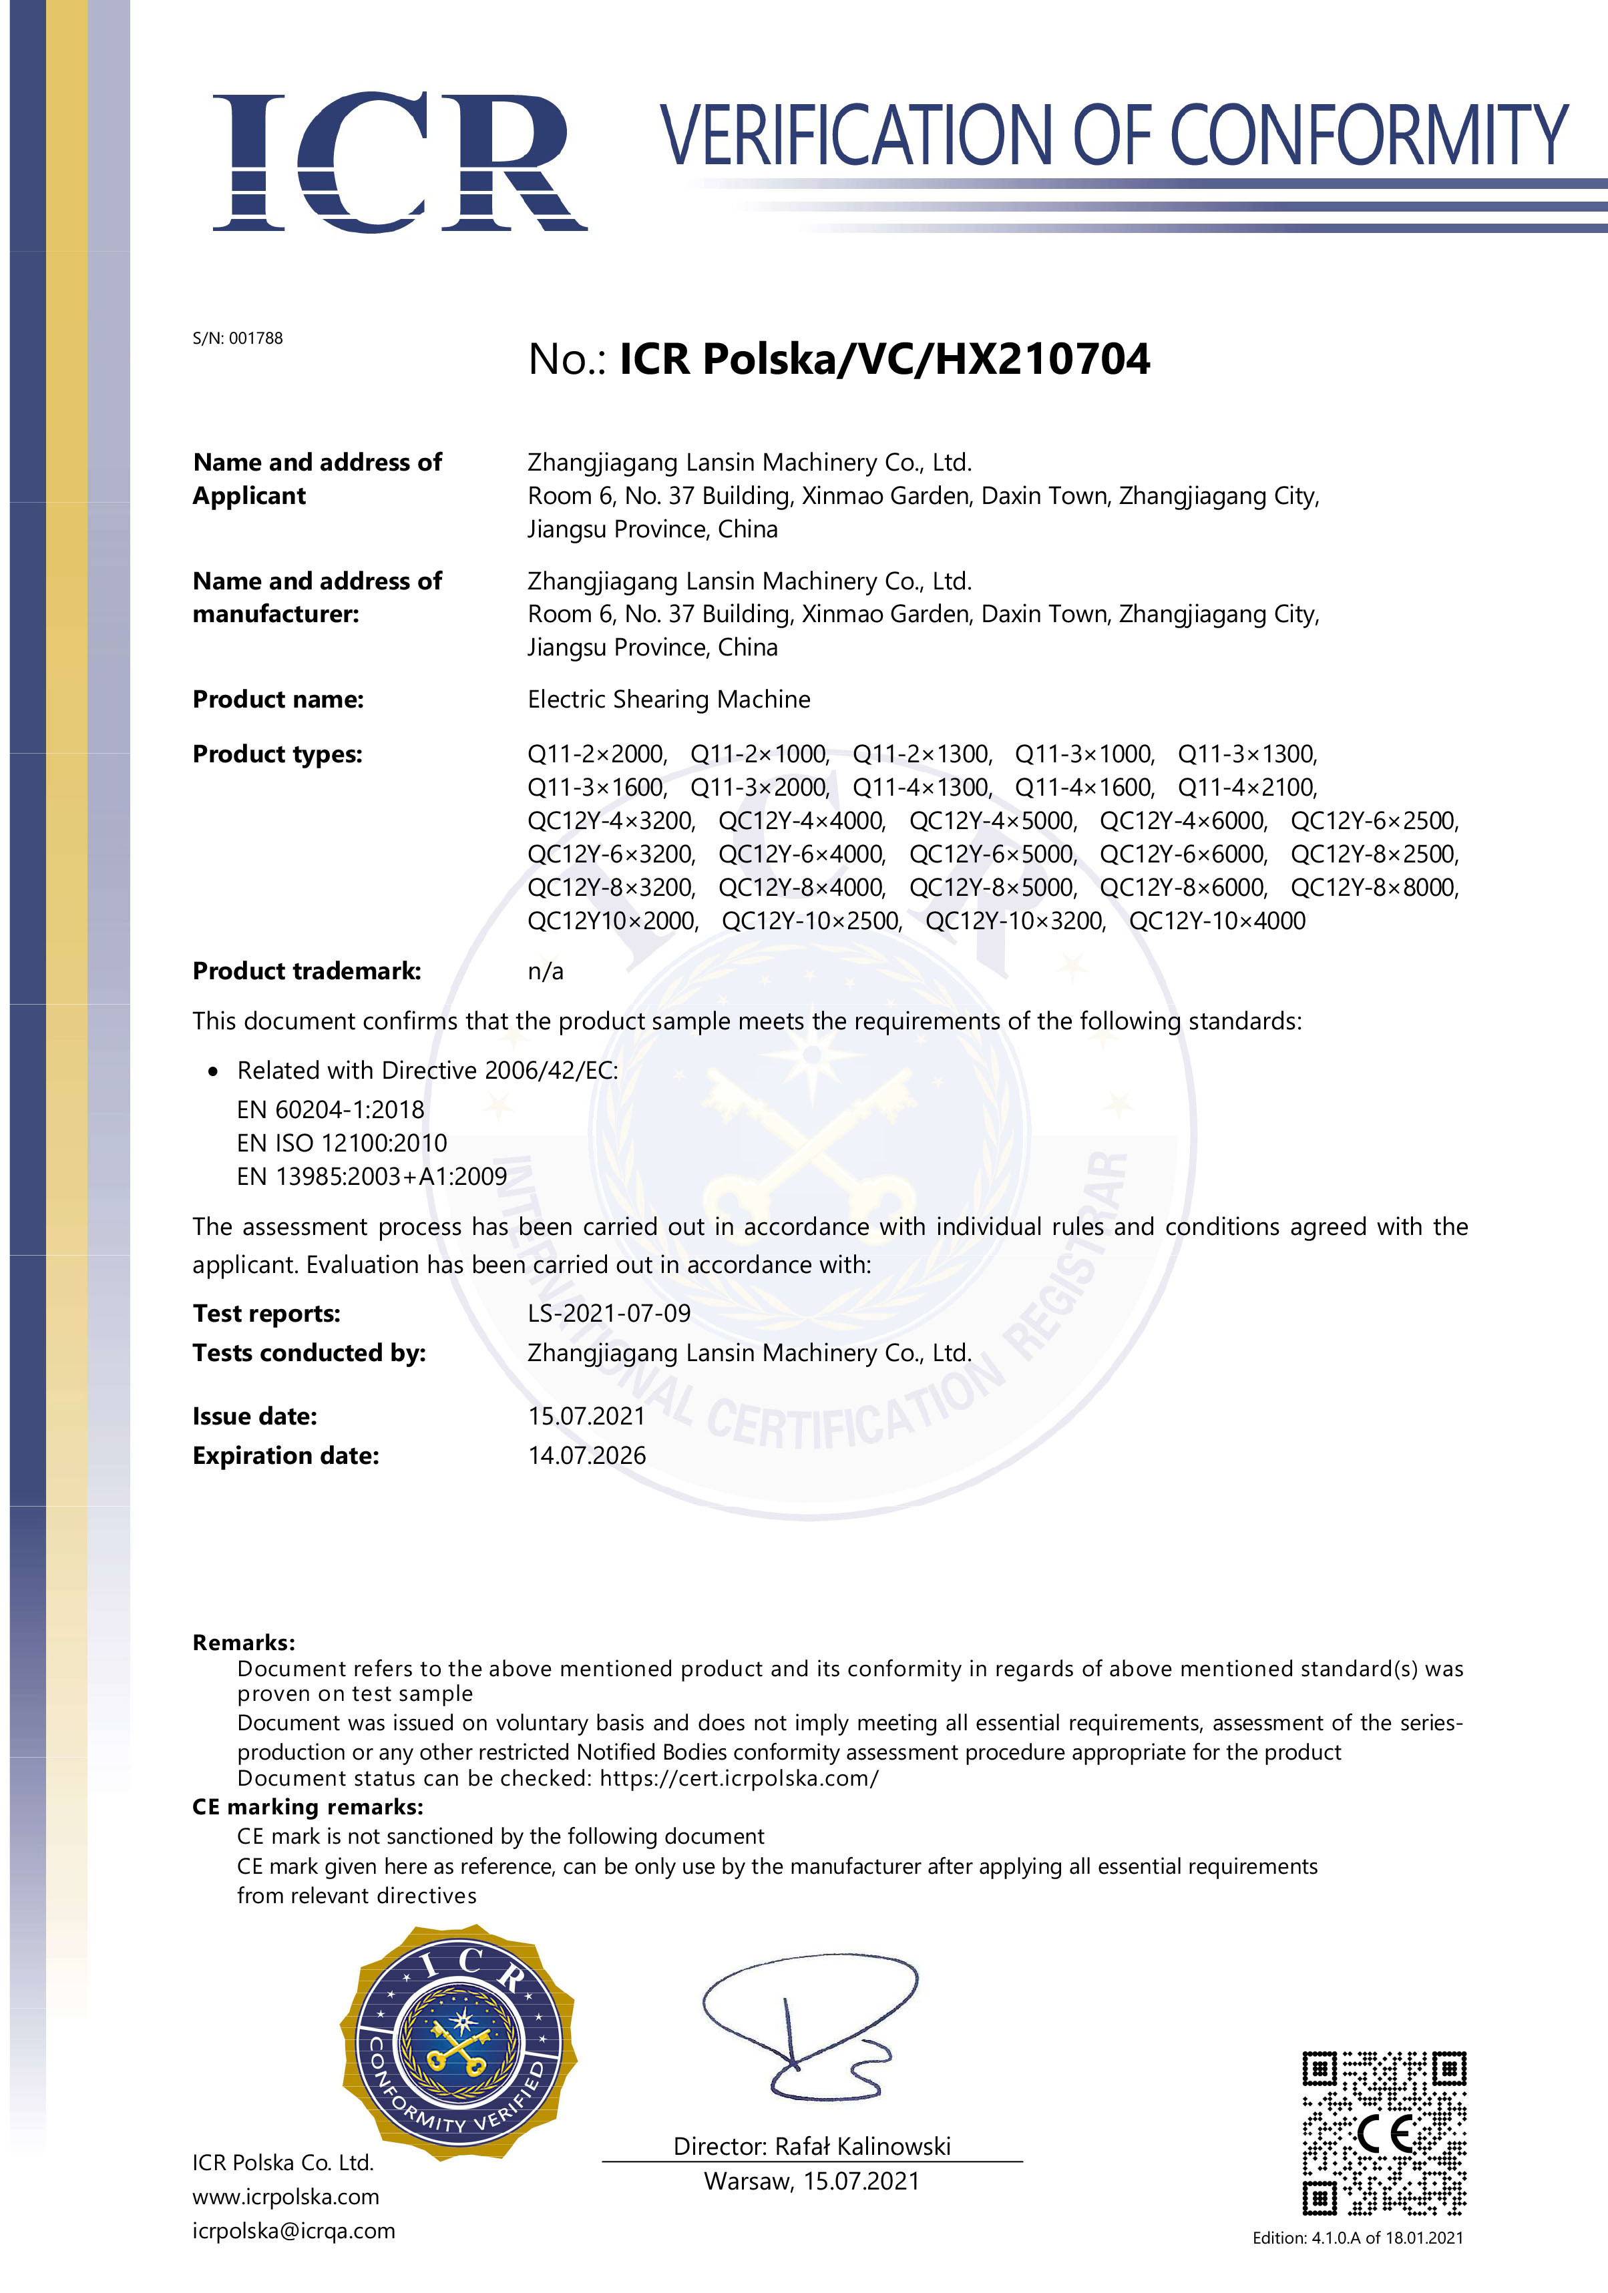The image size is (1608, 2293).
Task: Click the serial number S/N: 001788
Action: [x=238, y=338]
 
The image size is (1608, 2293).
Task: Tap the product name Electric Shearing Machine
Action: [x=668, y=699]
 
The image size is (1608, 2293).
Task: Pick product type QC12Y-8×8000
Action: [x=1374, y=888]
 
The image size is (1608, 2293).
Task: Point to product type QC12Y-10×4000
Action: [x=1217, y=921]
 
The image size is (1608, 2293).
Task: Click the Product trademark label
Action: [x=307, y=971]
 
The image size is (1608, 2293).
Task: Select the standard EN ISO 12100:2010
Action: [x=342, y=1143]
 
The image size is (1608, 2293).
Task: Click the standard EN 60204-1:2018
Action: [x=330, y=1109]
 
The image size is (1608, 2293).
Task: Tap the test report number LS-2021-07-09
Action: [x=609, y=1313]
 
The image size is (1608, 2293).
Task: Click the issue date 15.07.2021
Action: [x=586, y=1416]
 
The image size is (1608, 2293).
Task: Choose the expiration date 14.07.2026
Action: [x=586, y=1455]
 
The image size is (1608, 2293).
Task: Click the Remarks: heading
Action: [x=244, y=1643]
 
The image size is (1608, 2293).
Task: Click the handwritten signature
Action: [x=809, y=2027]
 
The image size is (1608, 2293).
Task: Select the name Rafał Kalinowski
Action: [x=863, y=2146]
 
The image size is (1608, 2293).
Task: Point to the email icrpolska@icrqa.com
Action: [x=294, y=2230]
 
